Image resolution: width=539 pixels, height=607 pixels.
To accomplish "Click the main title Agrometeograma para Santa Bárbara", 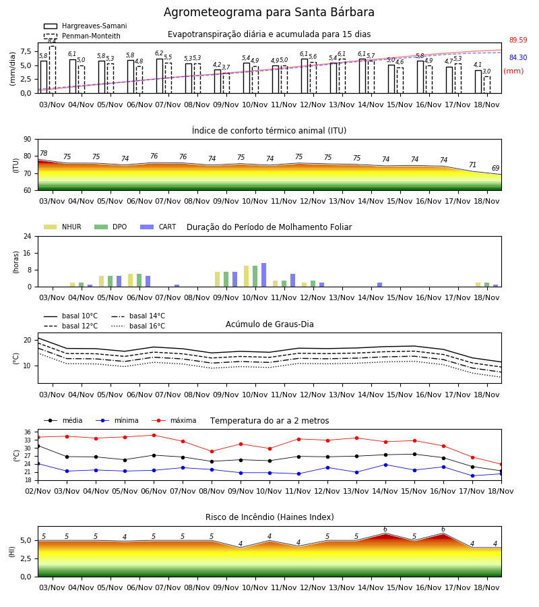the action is (269, 12).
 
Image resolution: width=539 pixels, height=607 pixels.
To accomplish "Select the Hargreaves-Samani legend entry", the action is (85, 26).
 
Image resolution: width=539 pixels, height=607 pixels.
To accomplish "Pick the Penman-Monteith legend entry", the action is (82, 36).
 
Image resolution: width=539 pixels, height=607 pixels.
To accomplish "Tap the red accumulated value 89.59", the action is (518, 40).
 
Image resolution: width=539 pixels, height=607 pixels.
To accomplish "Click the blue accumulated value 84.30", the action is (518, 57).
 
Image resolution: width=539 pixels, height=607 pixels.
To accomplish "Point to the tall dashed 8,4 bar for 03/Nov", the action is (53, 69).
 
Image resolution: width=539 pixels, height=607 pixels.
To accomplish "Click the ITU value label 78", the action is (44, 153).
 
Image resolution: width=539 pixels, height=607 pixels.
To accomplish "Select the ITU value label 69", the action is (495, 168).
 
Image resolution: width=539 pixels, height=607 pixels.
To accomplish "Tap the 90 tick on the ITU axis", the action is (28, 140).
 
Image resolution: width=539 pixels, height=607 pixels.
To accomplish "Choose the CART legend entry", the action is (158, 227).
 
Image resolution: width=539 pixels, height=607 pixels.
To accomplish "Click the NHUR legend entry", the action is (62, 227).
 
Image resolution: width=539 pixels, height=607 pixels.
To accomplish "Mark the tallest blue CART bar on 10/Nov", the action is (263, 275).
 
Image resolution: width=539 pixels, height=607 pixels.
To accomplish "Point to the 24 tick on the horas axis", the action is (28, 236).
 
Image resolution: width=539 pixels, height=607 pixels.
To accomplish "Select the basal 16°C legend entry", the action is (138, 326).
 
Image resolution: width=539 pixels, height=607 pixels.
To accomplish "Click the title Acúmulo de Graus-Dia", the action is (269, 324).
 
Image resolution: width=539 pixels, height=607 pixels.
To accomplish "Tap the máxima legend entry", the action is (174, 420).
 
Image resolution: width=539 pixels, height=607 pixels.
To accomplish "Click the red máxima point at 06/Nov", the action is (154, 435).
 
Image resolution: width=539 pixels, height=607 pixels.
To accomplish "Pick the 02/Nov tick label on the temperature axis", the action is (38, 491).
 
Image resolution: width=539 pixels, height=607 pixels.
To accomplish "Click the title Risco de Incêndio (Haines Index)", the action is (269, 517).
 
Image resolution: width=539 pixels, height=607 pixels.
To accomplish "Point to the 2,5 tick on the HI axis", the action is (26, 558).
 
